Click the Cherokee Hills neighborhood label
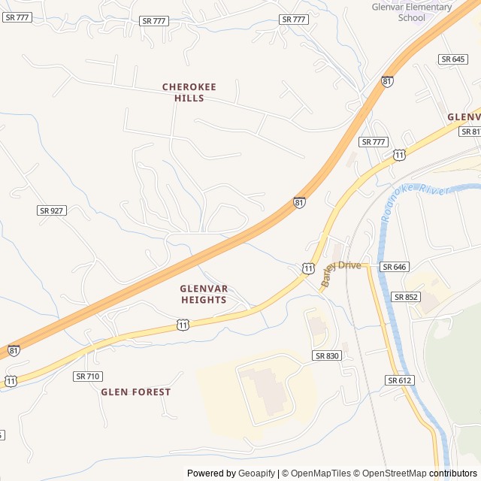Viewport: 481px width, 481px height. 189,92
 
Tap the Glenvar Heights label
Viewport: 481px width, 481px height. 204,294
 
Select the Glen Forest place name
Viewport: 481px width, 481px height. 136,392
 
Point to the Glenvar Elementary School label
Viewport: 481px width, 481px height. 412,12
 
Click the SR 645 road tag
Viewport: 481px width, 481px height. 453,59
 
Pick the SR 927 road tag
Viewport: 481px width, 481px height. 51,210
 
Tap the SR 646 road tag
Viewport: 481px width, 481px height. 393,267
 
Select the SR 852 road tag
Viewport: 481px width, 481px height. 405,297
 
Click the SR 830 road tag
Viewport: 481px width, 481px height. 327,355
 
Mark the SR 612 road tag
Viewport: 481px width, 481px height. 400,380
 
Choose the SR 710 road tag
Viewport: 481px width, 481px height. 87,376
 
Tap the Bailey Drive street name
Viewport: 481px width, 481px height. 342,268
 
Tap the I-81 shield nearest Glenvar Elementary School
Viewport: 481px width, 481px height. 387,81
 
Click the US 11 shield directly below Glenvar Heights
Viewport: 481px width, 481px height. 183,324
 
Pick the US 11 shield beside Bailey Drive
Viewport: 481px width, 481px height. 309,268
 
